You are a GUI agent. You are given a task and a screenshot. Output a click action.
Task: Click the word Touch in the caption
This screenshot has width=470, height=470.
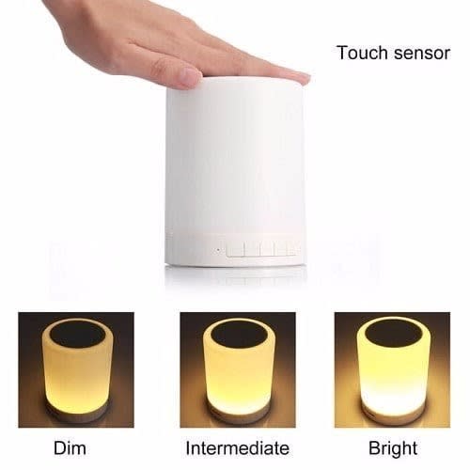click(x=363, y=53)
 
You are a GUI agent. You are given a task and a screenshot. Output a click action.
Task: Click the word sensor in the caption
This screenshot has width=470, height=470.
click(x=422, y=55)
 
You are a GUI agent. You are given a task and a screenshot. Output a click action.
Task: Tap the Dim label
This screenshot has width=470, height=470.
click(x=70, y=447)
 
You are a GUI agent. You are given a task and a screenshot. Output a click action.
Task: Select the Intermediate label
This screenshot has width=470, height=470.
click(x=238, y=447)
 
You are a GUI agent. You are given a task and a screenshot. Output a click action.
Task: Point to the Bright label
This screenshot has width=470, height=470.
click(x=393, y=449)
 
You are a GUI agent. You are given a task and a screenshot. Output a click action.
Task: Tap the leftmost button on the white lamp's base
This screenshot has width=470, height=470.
click(x=235, y=249)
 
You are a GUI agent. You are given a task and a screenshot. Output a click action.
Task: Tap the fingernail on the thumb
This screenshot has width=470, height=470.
click(x=191, y=75)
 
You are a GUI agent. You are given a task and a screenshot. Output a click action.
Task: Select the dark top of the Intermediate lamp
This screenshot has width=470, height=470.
click(x=238, y=334)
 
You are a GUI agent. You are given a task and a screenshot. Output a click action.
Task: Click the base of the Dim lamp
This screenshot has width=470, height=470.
click(x=77, y=413)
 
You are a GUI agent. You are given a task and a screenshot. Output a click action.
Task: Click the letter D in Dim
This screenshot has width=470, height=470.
click(x=59, y=447)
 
